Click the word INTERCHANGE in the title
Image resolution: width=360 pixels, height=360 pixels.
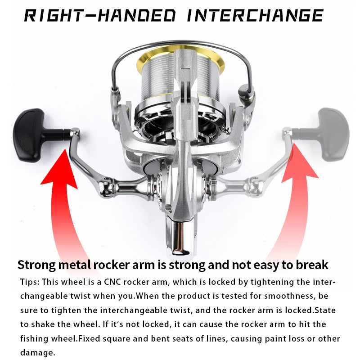coord(255,16)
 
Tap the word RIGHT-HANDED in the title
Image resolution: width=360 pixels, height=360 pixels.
coord(100,16)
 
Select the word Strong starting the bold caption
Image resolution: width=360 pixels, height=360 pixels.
coord(37,265)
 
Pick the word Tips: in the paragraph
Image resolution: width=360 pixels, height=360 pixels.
coord(30,282)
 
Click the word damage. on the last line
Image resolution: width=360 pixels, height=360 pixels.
coord(38,353)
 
